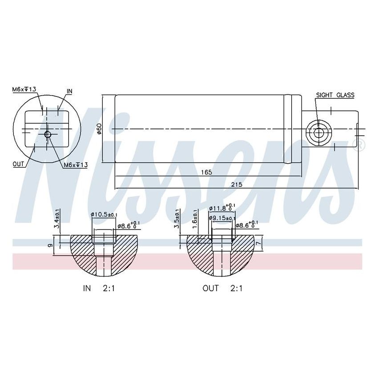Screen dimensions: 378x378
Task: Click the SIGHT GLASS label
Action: pyautogui.click(x=334, y=95)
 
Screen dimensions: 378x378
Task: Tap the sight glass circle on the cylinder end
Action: pyautogui.click(x=318, y=133)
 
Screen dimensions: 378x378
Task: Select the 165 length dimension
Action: pyautogui.click(x=206, y=172)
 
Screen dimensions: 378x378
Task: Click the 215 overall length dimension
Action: pyautogui.click(x=236, y=185)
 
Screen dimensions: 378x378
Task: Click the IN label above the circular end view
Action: pyautogui.click(x=69, y=91)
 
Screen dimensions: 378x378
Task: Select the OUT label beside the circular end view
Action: pyautogui.click(x=18, y=164)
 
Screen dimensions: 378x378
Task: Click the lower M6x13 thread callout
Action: pyautogui.click(x=75, y=165)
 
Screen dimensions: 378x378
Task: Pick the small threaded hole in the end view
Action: pyautogui.click(x=48, y=134)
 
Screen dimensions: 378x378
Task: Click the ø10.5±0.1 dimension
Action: pyautogui.click(x=104, y=215)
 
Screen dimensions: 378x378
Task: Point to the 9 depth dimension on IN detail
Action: pyautogui.click(x=50, y=245)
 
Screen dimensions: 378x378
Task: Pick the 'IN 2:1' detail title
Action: pyautogui.click(x=99, y=288)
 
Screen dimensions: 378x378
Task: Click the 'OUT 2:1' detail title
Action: pyautogui.click(x=222, y=288)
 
